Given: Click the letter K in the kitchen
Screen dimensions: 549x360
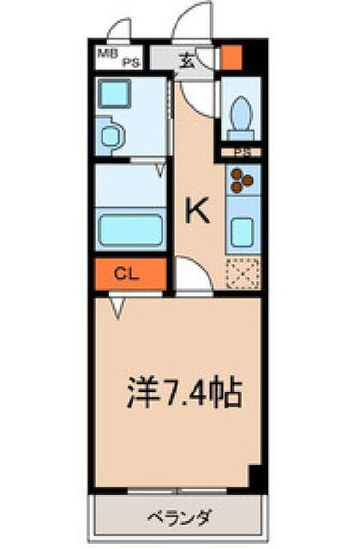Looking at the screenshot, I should pos(198,211).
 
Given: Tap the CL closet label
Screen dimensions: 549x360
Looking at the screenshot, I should pos(127,274).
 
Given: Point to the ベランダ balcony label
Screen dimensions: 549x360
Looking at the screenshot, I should pos(179,518).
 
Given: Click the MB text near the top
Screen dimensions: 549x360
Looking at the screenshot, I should pos(106,53).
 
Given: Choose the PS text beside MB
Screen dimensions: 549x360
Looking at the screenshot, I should pos(130,62).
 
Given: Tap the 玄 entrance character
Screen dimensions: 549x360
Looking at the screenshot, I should pos(187,60).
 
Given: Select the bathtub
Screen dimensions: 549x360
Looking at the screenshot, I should pos(129,230).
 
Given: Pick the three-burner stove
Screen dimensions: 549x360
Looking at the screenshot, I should pos(241,179).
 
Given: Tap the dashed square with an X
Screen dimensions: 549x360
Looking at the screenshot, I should pos(241,274).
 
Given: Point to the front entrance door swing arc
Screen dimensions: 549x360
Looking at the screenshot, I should pos(194,21).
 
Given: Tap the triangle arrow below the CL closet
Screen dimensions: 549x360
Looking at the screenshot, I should pos(117,303).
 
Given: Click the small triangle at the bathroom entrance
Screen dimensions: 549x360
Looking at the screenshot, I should pos(159,171).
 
